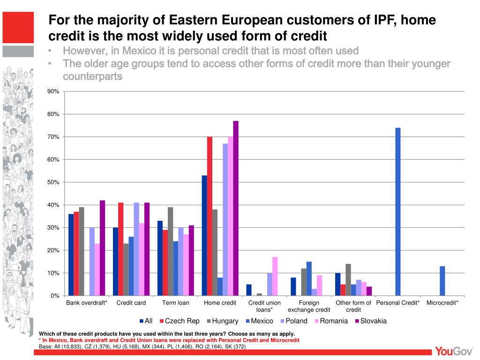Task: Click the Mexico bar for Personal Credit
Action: point(398,211)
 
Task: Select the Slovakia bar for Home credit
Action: point(236,208)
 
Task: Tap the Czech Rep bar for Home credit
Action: point(210,216)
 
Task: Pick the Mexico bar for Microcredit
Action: point(442,281)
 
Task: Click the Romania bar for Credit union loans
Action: point(275,276)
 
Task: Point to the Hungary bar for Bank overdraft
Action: point(82,251)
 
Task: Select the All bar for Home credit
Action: point(204,235)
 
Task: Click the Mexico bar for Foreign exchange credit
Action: point(309,278)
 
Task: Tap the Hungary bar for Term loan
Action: point(170,251)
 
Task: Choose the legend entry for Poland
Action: point(294,321)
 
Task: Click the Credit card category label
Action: point(131,303)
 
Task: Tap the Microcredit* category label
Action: point(442,303)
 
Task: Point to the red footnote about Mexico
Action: point(169,340)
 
